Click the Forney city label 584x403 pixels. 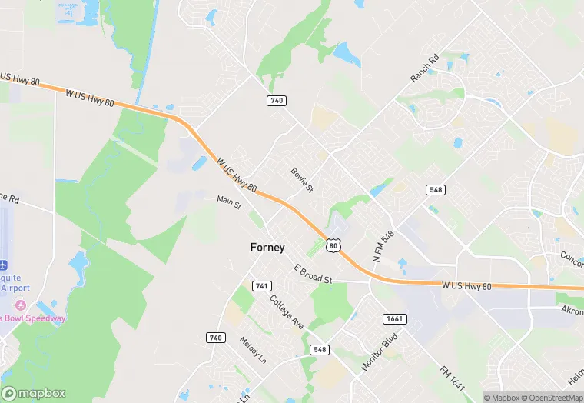pyautogui.click(x=267, y=248)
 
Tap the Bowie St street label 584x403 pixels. pyautogui.click(x=302, y=180)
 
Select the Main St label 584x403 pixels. pyautogui.click(x=229, y=202)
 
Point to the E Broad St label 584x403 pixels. pyautogui.click(x=313, y=274)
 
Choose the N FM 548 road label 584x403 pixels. pyautogui.click(x=383, y=248)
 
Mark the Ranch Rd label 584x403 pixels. pyautogui.click(x=423, y=69)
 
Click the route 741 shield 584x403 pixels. pyautogui.click(x=262, y=286)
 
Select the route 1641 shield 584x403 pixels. pyautogui.click(x=394, y=318)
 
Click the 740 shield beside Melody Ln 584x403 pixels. pyautogui.click(x=216, y=338)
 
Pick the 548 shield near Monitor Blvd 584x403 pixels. pyautogui.click(x=320, y=349)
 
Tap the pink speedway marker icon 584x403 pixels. pyautogui.click(x=21, y=305)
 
